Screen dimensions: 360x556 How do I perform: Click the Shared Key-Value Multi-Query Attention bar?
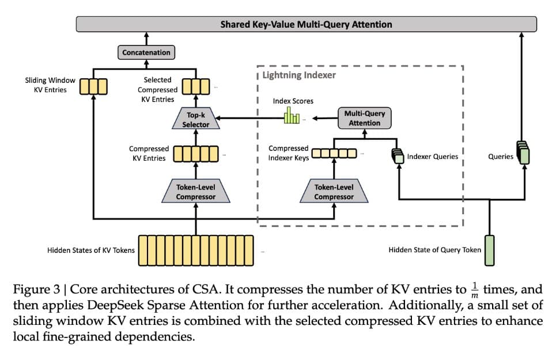pyautogui.click(x=306, y=24)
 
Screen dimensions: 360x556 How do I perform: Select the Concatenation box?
pyautogui.click(x=146, y=52)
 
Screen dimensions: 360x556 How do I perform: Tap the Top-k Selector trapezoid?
pyautogui.click(x=196, y=120)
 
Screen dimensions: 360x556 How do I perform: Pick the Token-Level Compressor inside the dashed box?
pyautogui.click(x=334, y=192)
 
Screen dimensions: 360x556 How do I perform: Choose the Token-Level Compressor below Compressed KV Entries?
pyautogui.click(x=196, y=192)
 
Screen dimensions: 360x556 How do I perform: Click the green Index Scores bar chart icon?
pyautogui.click(x=292, y=116)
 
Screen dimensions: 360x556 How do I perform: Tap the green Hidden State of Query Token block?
pyautogui.click(x=490, y=251)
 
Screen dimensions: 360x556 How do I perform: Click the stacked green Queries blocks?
pyautogui.click(x=523, y=153)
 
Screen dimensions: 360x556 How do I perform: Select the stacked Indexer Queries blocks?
pyautogui.click(x=398, y=156)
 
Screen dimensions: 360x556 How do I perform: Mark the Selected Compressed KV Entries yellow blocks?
pyautogui.click(x=196, y=86)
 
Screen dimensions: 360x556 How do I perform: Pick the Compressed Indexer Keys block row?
pyautogui.click(x=334, y=153)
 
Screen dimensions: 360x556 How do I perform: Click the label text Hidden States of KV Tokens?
pyautogui.click(x=91, y=251)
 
